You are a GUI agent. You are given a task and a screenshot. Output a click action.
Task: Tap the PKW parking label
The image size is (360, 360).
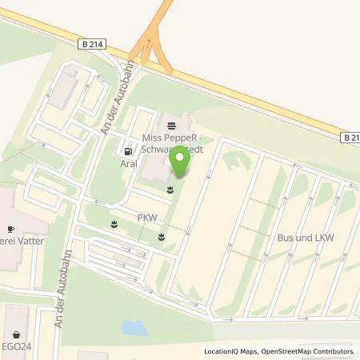tap(146, 217)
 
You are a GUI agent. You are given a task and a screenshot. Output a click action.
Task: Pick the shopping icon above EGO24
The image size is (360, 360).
tap(17, 334)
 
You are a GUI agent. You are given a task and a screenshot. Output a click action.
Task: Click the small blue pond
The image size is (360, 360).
tap(135, 327)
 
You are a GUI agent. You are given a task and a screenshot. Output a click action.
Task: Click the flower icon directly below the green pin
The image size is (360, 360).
tap(169, 190)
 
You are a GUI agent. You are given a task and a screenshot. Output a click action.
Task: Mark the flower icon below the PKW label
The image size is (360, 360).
tap(161, 236)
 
